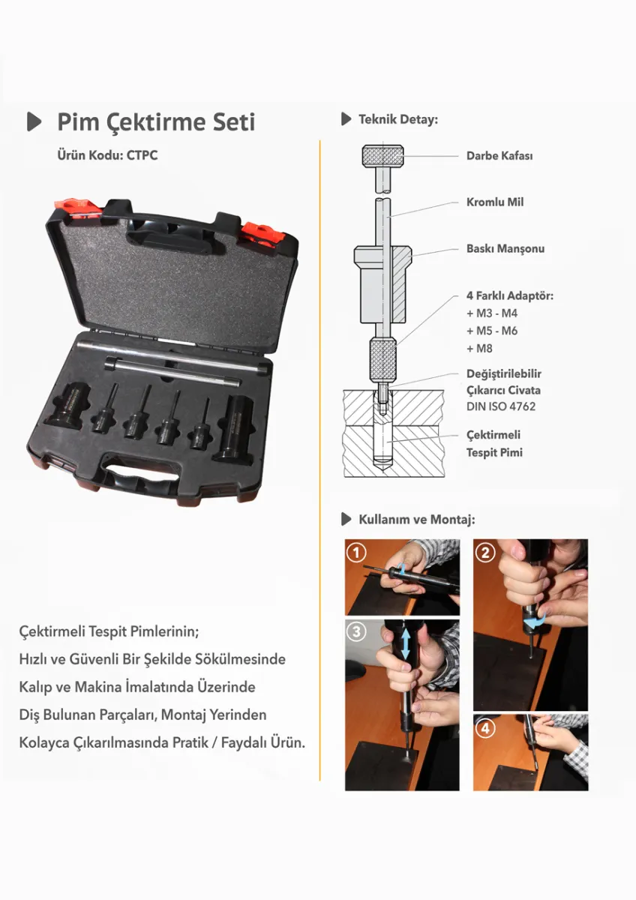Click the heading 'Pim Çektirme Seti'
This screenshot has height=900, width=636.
pyautogui.click(x=156, y=122)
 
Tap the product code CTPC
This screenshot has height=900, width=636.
pyautogui.click(x=142, y=155)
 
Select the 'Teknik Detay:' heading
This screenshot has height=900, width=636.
pyautogui.click(x=398, y=119)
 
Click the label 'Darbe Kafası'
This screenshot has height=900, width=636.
pyautogui.click(x=499, y=156)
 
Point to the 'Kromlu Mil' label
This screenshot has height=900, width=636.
pyautogui.click(x=495, y=202)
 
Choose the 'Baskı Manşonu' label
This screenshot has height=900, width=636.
pyautogui.click(x=505, y=249)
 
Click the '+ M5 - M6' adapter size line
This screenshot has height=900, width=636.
pyautogui.click(x=492, y=331)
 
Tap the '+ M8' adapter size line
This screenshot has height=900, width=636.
pyautogui.click(x=479, y=348)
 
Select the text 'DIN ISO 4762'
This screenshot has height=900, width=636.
pyautogui.click(x=500, y=406)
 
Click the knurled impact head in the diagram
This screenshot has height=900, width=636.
pyautogui.click(x=383, y=156)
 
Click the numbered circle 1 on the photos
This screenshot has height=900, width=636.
pyautogui.click(x=356, y=553)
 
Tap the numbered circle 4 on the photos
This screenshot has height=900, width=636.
pyautogui.click(x=485, y=728)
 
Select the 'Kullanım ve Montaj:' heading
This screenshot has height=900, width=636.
pyautogui.click(x=417, y=520)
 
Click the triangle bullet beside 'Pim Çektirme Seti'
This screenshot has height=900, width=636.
pyautogui.click(x=34, y=121)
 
